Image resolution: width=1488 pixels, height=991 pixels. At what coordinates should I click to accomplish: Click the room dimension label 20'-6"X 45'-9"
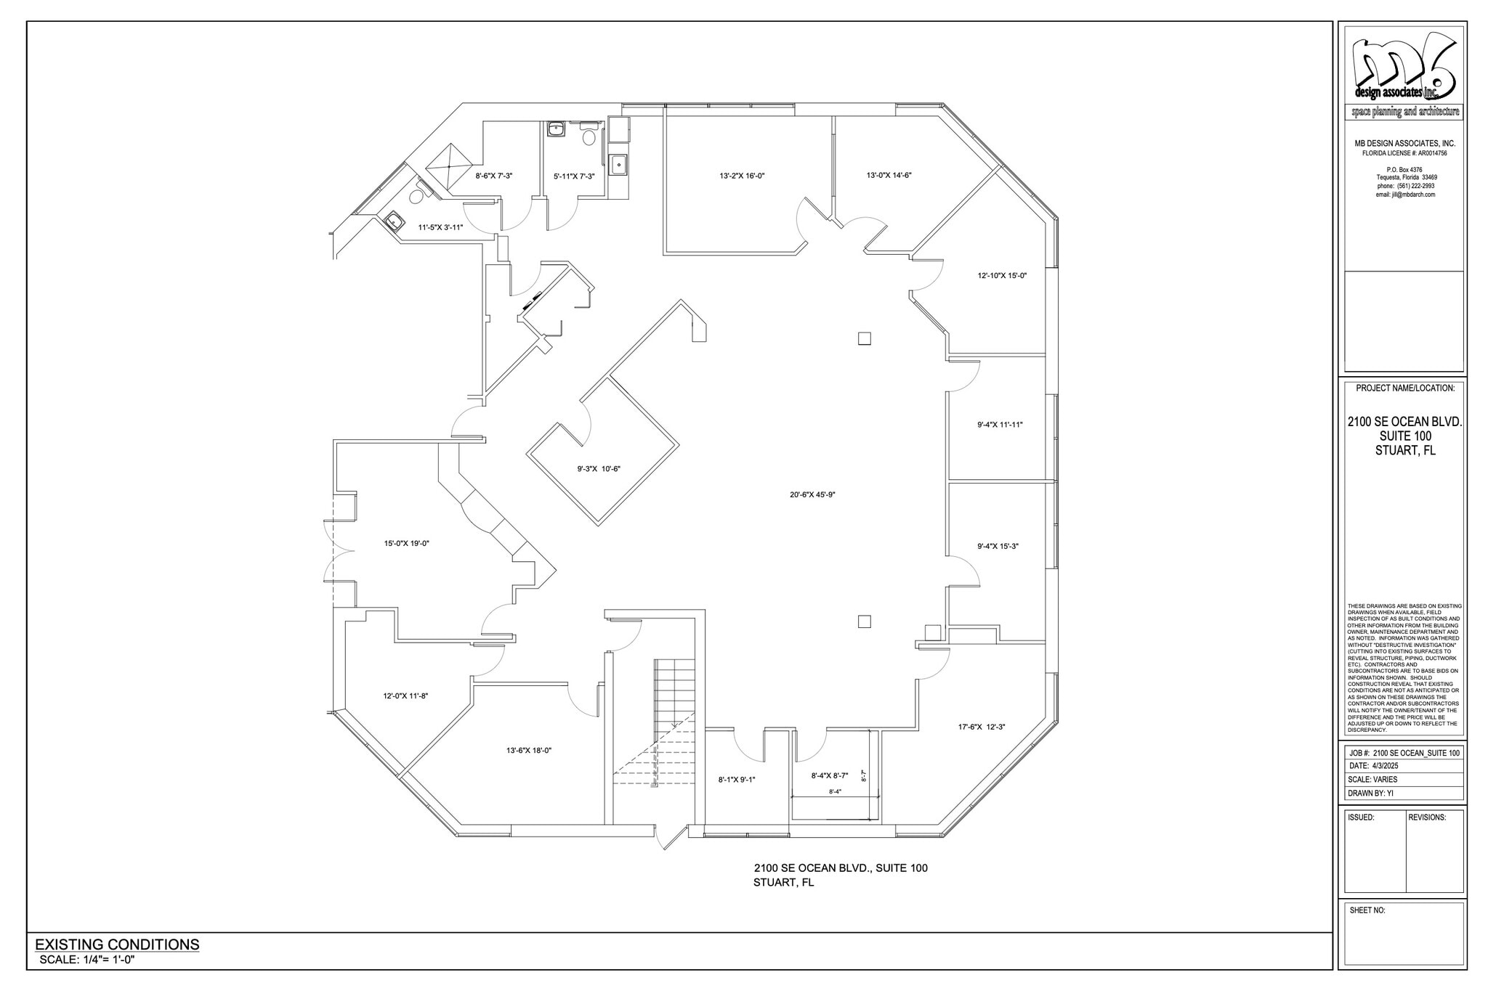point(812,495)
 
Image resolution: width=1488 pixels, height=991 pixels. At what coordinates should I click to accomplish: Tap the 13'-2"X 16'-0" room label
point(742,176)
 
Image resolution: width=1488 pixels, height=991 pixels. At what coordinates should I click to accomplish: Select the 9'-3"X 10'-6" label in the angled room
point(599,469)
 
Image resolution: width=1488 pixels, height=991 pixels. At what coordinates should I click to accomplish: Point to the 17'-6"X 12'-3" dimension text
point(981,727)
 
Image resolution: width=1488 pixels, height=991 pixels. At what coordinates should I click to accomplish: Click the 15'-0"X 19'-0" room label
point(406,543)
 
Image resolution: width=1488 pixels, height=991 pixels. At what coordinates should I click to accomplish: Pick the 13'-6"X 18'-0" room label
point(529,751)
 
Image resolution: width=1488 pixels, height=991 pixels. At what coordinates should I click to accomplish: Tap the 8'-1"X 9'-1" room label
point(737,780)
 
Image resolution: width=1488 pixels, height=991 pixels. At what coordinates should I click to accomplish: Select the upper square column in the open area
point(864,338)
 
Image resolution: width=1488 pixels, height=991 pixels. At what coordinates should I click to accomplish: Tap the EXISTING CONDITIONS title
point(117,945)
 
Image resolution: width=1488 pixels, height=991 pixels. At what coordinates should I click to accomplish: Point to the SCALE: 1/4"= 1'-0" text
point(87,960)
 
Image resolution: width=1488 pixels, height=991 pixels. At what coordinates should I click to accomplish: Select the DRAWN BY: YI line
point(1370,794)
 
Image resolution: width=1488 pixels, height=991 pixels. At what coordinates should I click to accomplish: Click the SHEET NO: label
point(1367,910)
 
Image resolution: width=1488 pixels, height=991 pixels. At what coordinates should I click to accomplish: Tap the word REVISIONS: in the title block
point(1427,817)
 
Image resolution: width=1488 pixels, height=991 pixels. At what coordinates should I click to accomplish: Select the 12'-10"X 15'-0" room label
point(1001,276)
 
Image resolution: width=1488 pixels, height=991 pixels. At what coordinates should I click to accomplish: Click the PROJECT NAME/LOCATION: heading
point(1404,388)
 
